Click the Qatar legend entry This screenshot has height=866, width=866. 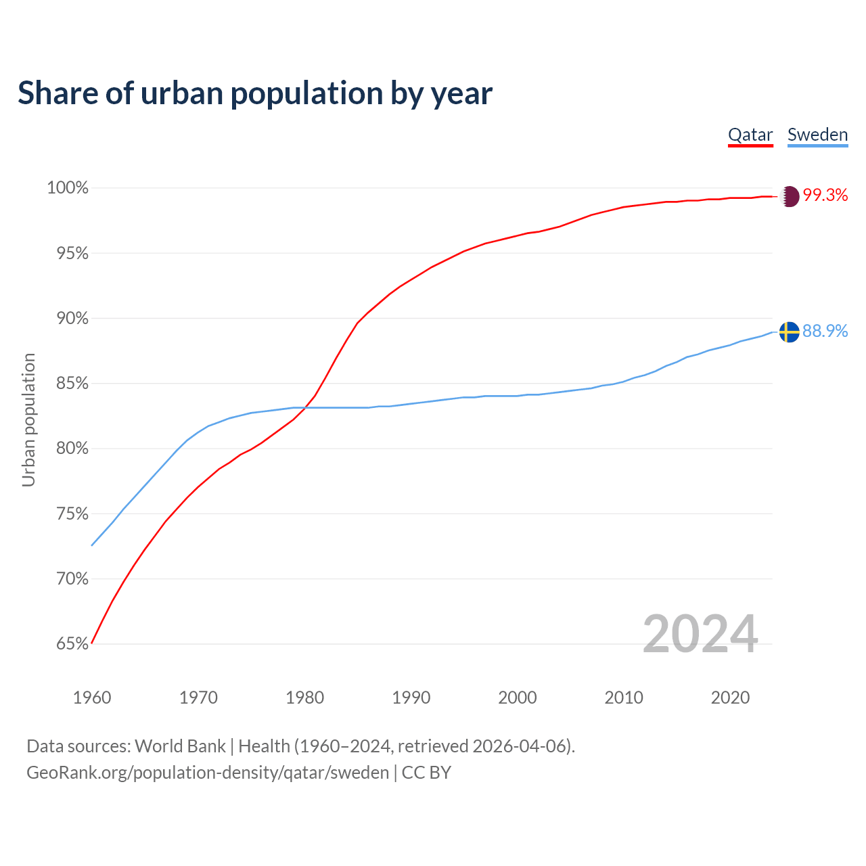pos(750,135)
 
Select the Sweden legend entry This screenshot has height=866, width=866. pos(817,135)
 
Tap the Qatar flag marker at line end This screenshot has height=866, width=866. pos(789,196)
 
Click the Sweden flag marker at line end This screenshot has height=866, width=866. pos(789,332)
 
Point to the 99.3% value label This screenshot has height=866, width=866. pos(825,196)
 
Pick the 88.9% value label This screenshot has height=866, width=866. pos(825,331)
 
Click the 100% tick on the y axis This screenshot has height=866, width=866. pos(68,188)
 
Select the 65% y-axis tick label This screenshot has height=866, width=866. pos(72,644)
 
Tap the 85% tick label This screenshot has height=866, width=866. pos(72,384)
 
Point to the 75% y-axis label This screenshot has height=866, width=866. pos(72,514)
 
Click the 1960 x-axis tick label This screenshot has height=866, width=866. pos(92,698)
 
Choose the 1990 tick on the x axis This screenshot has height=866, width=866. pos(411,698)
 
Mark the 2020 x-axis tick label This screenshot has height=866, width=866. pos(730,698)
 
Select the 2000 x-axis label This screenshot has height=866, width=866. pos(518,698)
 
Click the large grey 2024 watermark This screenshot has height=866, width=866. pos(700,634)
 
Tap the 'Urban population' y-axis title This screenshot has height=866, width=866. pos(28,419)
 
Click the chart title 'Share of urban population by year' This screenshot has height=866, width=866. pos(255,93)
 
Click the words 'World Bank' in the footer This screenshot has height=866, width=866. pos(180,746)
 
